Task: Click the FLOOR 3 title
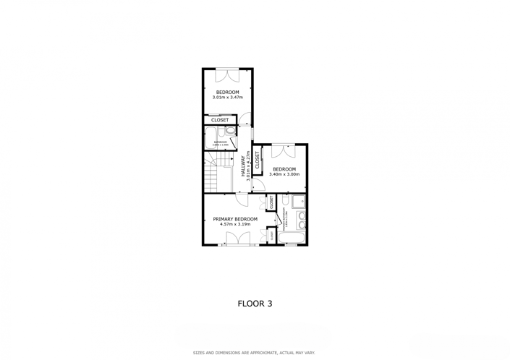click(x=255, y=304)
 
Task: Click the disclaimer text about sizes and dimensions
click(x=254, y=353)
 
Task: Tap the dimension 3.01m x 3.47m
click(x=227, y=97)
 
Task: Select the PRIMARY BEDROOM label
click(x=235, y=219)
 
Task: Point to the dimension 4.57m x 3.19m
click(x=235, y=224)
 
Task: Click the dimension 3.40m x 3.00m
click(x=284, y=174)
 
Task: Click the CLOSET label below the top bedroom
click(x=220, y=120)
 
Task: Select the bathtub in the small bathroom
click(x=213, y=138)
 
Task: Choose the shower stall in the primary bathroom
click(x=298, y=201)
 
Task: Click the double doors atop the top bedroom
click(x=227, y=73)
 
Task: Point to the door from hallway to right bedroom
click(x=258, y=185)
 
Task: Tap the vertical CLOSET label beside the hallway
click(x=257, y=159)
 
